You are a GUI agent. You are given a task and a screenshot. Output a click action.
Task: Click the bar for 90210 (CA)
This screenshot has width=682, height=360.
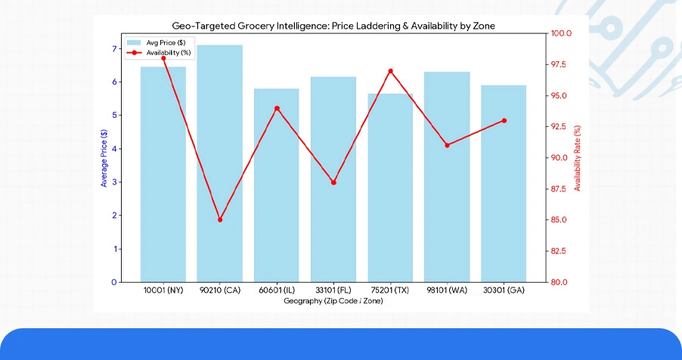pyautogui.click(x=220, y=163)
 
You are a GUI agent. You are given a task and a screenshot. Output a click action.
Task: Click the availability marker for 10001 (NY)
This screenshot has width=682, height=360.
pyautogui.click(x=163, y=58)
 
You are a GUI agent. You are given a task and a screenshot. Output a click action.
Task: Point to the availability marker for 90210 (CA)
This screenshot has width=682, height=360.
pyautogui.click(x=220, y=220)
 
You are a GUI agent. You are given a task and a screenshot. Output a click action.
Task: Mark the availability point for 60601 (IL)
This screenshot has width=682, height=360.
pyautogui.click(x=277, y=108)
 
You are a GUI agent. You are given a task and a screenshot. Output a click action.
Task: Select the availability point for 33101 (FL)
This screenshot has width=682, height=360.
pyautogui.click(x=333, y=182)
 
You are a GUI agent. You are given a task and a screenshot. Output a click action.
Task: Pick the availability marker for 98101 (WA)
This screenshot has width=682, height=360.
pyautogui.click(x=447, y=145)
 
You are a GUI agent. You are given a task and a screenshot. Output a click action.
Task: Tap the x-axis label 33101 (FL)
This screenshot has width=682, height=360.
pyautogui.click(x=333, y=290)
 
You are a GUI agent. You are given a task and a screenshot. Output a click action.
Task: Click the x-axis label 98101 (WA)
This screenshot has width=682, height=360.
pyautogui.click(x=447, y=290)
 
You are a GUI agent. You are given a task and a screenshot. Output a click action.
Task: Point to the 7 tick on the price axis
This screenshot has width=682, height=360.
pyautogui.click(x=114, y=49)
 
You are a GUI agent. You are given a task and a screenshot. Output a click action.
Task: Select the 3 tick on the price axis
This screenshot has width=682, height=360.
pyautogui.click(x=114, y=182)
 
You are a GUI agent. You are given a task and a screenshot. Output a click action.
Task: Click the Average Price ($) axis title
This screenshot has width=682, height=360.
pyautogui.click(x=104, y=157)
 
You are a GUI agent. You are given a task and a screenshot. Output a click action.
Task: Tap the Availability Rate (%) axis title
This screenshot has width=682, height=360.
pyautogui.click(x=578, y=157)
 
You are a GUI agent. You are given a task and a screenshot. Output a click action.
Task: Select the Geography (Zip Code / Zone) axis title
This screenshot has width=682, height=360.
pyautogui.click(x=333, y=301)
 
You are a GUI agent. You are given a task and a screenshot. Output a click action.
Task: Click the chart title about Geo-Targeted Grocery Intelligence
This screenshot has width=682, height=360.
pyautogui.click(x=333, y=26)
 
